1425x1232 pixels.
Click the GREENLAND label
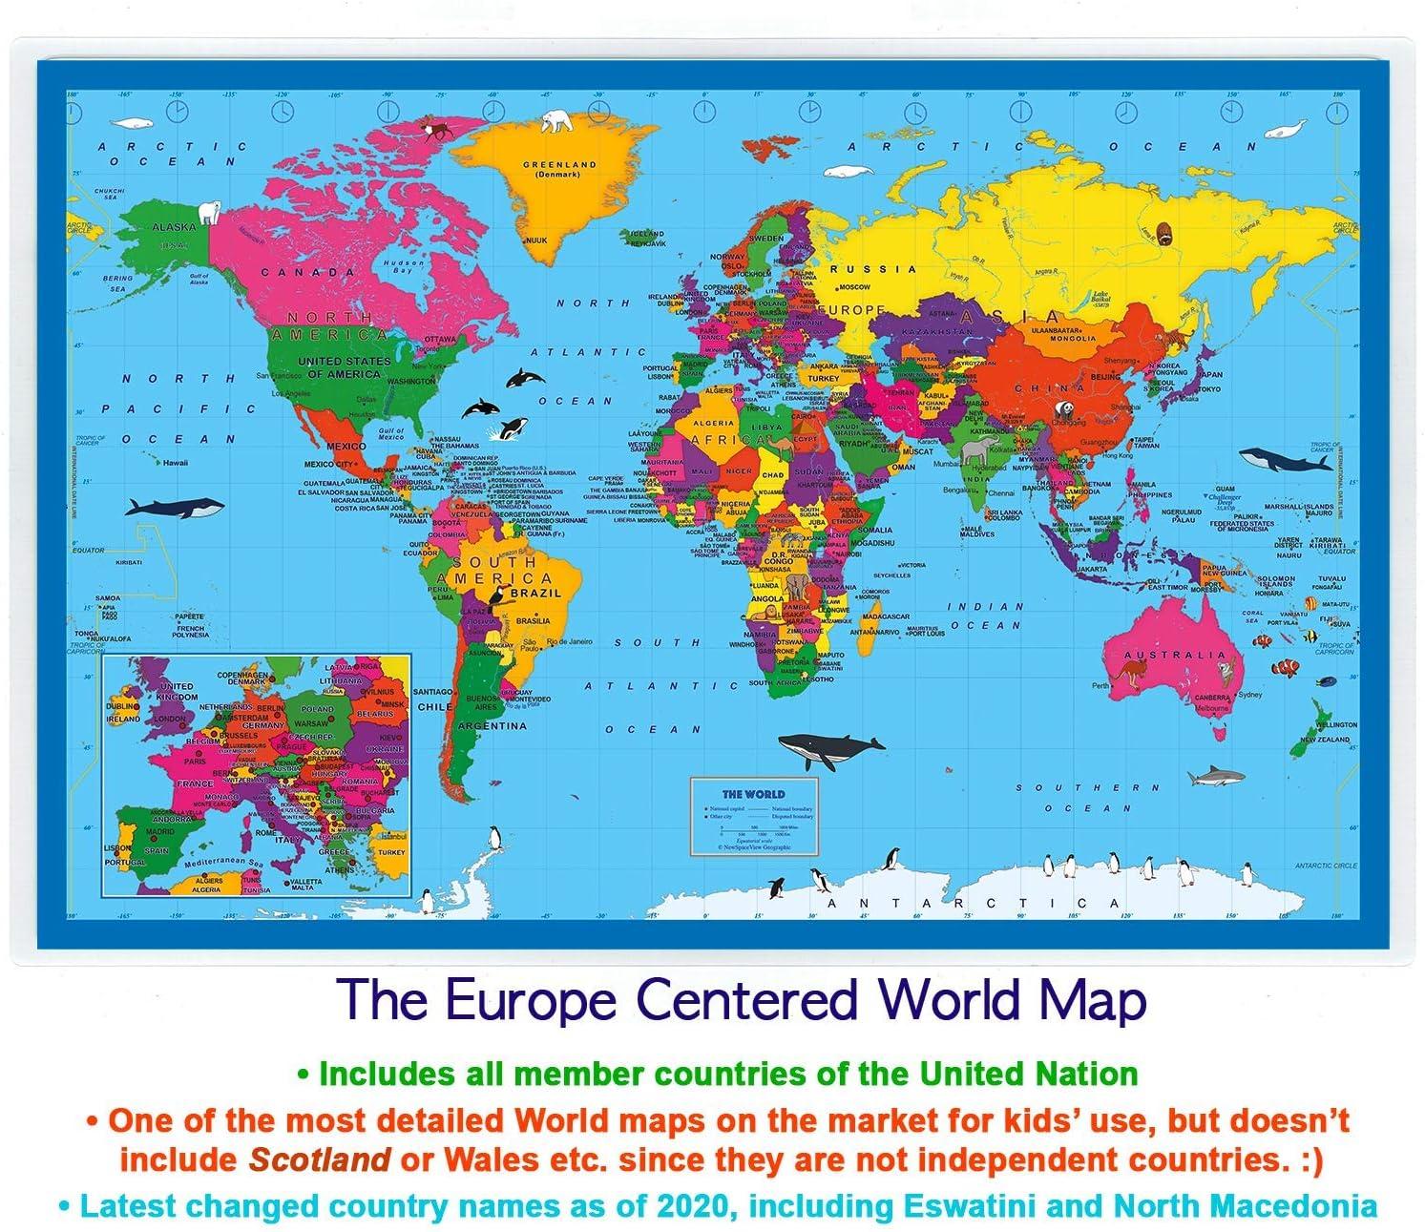[x=559, y=164]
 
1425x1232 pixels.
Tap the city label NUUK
[x=536, y=240]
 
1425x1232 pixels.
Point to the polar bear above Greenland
[x=556, y=121]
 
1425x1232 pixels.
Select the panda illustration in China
[x=1062, y=409]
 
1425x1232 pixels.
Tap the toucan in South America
[x=497, y=597]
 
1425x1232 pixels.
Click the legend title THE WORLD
[x=753, y=794]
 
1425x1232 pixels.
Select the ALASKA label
[x=175, y=227]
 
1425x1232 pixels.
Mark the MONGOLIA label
[x=1073, y=339]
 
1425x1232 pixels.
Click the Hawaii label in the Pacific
[x=175, y=463]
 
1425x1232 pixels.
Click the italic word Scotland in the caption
[x=319, y=1159]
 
